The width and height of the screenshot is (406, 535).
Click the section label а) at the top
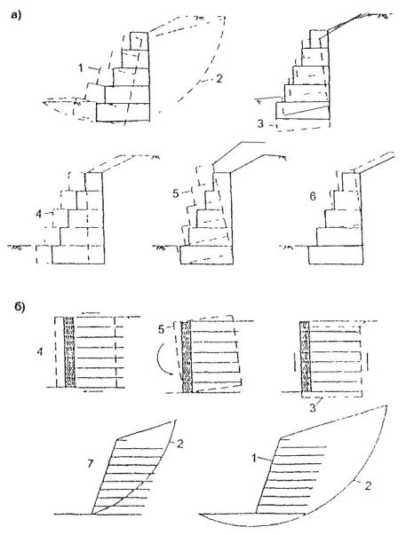point(16,15)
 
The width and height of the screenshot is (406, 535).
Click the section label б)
point(20,307)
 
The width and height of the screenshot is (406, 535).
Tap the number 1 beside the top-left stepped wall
point(81,68)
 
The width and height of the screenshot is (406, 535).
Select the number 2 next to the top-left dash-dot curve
point(219,78)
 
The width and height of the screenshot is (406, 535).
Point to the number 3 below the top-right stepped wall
point(260,123)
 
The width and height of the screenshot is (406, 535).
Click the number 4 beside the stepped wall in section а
point(38,214)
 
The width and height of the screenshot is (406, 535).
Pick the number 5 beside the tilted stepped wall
point(176,193)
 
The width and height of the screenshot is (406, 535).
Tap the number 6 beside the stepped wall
point(313,197)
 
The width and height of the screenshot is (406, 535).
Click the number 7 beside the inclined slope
point(91,464)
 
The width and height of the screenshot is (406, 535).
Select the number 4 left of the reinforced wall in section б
point(40,351)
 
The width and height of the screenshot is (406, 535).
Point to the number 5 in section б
point(162,329)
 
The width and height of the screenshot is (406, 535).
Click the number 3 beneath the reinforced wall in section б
point(313,408)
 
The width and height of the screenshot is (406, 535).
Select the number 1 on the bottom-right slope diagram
point(254,459)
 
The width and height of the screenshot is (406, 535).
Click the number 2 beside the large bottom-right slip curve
point(368,485)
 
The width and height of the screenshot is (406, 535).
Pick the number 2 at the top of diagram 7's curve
point(180,444)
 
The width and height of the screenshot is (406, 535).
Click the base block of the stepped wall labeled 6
point(336,255)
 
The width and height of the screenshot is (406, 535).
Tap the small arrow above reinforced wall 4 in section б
point(91,312)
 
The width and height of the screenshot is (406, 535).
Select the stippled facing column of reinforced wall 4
point(69,351)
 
